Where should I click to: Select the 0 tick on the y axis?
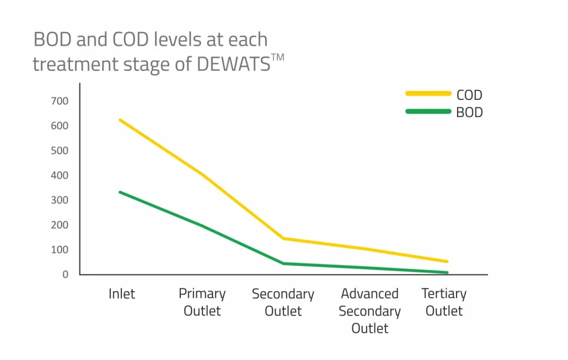point(65,275)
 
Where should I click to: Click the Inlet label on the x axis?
point(121,293)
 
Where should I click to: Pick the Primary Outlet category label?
point(202,302)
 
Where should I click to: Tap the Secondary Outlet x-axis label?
point(283,302)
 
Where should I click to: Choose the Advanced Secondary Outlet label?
point(369,311)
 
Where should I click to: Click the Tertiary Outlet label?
point(444,302)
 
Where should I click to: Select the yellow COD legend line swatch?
point(428,94)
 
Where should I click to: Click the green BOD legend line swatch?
point(428,111)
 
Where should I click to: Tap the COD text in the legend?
point(469,95)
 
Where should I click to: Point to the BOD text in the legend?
point(469,113)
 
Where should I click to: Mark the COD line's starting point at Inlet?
point(120,120)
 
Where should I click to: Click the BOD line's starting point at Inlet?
point(120,192)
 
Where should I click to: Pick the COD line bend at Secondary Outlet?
point(283,239)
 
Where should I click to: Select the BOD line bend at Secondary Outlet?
point(283,263)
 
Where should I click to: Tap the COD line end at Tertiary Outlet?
point(447,261)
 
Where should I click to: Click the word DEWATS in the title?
point(234,64)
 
